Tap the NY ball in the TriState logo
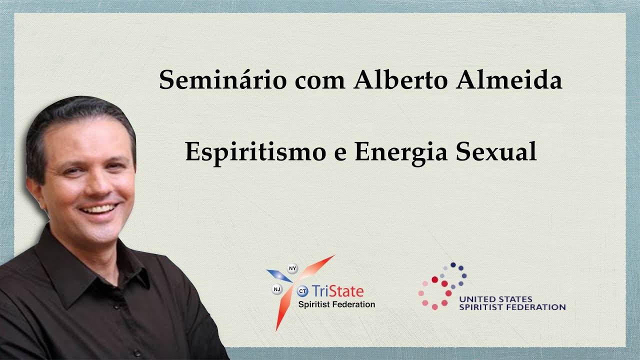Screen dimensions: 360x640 (293, 268)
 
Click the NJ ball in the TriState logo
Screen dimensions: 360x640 (276, 288)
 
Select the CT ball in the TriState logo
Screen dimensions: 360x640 (302, 290)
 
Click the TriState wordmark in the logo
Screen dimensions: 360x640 (337, 291)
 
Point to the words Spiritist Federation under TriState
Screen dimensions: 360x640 (336, 304)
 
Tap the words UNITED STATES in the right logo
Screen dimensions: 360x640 (495, 299)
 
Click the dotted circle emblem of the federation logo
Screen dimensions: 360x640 (442, 285)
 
